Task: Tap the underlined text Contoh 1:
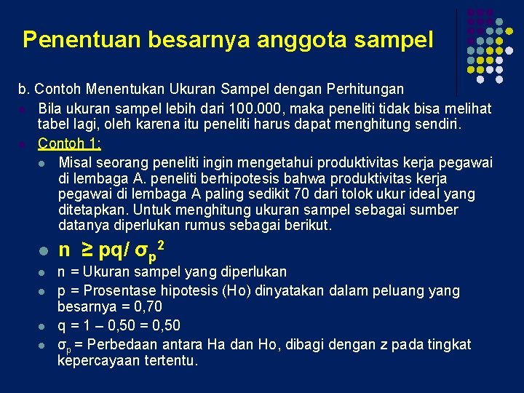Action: [x=69, y=143]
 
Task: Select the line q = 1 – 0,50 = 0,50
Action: [x=119, y=325]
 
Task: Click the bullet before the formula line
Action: [x=43, y=252]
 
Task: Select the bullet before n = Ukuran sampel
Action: [x=43, y=273]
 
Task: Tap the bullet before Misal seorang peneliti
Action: [x=43, y=162]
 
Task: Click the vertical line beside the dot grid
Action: [x=456, y=51]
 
